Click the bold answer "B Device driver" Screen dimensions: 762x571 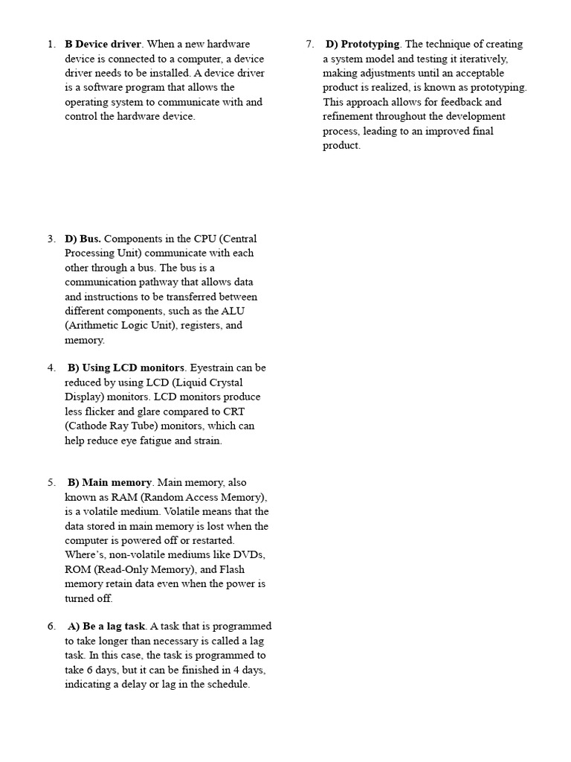pyautogui.click(x=103, y=44)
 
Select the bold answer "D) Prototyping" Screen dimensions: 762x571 pyautogui.click(x=363, y=44)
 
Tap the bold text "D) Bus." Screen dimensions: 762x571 pyautogui.click(x=83, y=239)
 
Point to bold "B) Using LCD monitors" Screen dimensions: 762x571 pyautogui.click(x=126, y=368)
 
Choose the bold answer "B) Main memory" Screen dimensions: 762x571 pyautogui.click(x=109, y=482)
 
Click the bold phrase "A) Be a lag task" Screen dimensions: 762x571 pyautogui.click(x=106, y=627)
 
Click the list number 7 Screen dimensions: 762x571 pyautogui.click(x=309, y=44)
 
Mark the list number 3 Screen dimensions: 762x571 pyautogui.click(x=51, y=239)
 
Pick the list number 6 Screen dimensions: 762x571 pyautogui.click(x=51, y=627)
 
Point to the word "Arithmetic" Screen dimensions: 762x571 pyautogui.click(x=94, y=325)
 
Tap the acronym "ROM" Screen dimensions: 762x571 pyautogui.click(x=78, y=569)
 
